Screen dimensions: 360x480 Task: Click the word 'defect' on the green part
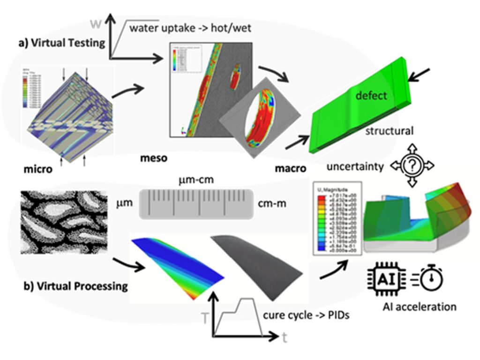pos(371,96)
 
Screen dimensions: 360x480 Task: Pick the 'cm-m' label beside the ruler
pos(274,205)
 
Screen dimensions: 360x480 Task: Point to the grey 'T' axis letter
pos(205,318)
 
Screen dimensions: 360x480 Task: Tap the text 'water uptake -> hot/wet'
pos(191,28)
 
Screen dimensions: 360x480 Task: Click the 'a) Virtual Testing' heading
pos(61,43)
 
